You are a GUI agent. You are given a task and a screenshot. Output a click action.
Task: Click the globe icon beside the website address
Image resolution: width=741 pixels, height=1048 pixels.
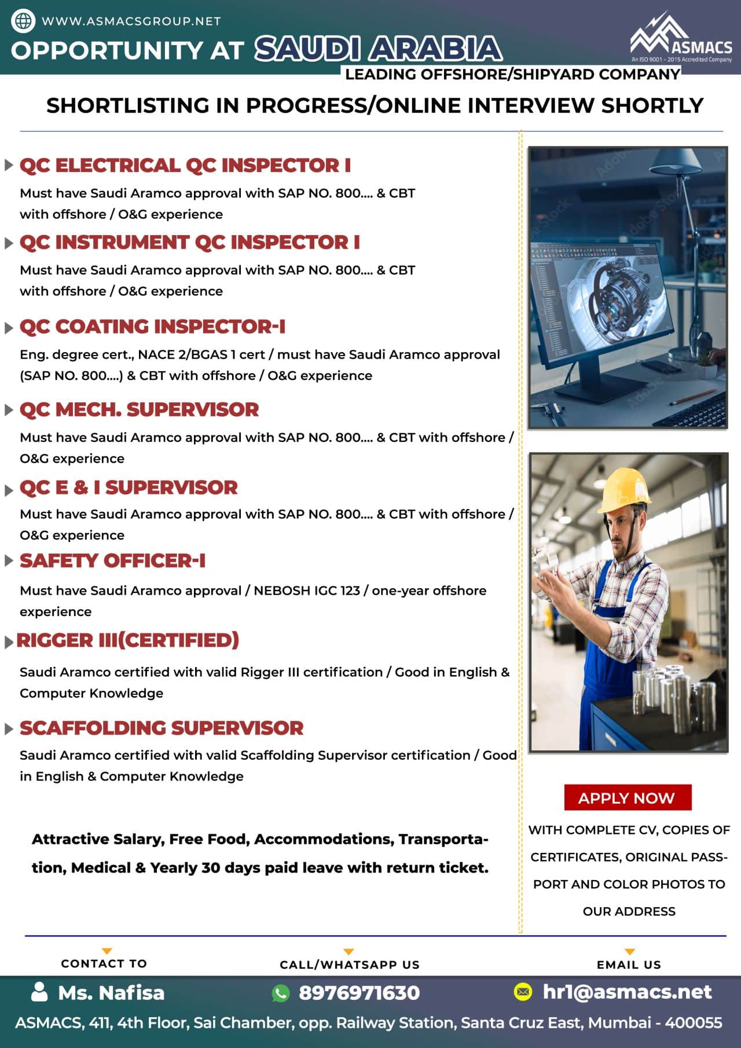(x=23, y=21)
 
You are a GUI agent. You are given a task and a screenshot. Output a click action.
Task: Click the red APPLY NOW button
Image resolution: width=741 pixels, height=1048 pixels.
(x=627, y=798)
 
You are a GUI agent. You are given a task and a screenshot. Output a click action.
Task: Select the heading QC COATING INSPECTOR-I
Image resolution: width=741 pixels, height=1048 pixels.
(x=152, y=327)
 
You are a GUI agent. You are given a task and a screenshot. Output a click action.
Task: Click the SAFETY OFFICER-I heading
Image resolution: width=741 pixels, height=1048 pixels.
(x=112, y=560)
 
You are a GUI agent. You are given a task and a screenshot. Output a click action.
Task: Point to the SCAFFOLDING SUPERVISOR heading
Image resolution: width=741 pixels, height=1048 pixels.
(x=162, y=728)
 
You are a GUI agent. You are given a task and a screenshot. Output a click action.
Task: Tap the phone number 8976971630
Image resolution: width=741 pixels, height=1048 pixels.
(x=359, y=992)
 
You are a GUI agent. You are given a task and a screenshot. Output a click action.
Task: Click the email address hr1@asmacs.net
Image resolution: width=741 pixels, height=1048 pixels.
(x=627, y=992)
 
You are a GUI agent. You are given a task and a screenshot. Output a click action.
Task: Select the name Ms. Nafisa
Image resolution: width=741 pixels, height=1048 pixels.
(x=111, y=992)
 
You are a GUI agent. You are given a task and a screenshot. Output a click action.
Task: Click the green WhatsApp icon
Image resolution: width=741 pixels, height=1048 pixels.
(x=281, y=993)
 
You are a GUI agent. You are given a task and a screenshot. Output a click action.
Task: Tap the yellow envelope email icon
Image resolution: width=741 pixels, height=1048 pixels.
(x=523, y=992)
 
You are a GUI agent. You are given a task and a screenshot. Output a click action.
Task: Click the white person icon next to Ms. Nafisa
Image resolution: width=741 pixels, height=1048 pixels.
(x=39, y=992)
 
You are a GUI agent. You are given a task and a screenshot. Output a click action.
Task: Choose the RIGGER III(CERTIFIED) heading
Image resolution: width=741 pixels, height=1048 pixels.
(x=127, y=640)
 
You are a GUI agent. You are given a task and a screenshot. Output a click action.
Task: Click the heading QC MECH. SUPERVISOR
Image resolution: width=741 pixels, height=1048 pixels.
(x=139, y=409)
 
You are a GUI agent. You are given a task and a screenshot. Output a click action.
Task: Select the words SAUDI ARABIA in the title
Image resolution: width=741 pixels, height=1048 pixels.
(x=379, y=49)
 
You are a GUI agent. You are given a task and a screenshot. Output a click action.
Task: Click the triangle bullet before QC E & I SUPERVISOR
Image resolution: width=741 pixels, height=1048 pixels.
(x=9, y=490)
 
